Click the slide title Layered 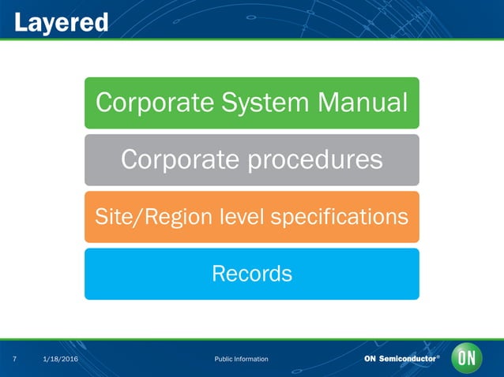tap(62, 21)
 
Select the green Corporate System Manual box tap(251, 103)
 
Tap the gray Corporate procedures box tap(251, 159)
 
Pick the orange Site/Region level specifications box tap(251, 216)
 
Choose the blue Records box tap(251, 274)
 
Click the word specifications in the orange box tap(348, 216)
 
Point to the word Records tap(251, 274)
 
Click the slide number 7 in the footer tap(15, 360)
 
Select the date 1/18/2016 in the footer tap(59, 360)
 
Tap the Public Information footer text tap(241, 360)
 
